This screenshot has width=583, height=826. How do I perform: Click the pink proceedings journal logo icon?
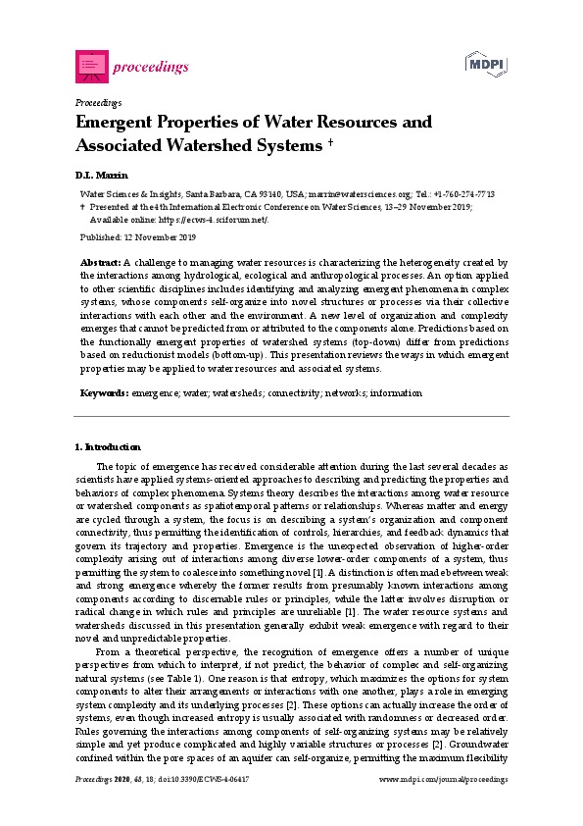click(91, 65)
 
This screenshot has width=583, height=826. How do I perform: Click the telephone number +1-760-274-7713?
click(474, 195)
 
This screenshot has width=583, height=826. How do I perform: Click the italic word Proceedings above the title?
click(98, 102)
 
